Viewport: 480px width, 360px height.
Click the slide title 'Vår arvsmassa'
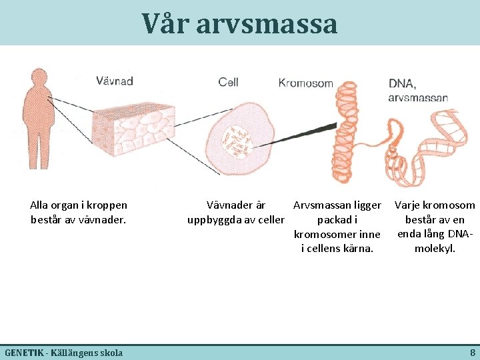(x=239, y=24)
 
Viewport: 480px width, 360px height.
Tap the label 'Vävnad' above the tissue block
(x=115, y=81)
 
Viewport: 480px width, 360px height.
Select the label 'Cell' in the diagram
(x=228, y=82)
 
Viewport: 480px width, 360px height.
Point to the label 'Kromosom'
(x=305, y=83)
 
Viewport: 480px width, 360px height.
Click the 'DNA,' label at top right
(x=403, y=84)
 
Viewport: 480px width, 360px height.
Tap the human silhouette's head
(x=37, y=80)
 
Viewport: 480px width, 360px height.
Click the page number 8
(x=472, y=352)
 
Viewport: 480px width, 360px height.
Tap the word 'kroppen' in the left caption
(x=107, y=205)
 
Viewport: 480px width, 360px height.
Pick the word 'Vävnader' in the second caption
(x=226, y=205)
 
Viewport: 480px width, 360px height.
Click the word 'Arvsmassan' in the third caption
(x=320, y=205)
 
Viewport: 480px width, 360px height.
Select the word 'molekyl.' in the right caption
(x=435, y=249)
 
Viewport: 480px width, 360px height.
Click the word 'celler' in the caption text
(x=269, y=220)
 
